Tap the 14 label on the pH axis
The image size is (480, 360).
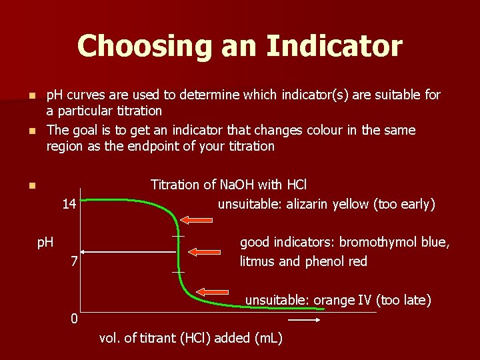[x=69, y=204]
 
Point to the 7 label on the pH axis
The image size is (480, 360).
[x=75, y=261]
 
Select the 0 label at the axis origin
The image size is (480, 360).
[x=75, y=319]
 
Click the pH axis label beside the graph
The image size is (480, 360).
[x=45, y=242]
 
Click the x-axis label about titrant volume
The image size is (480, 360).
[x=191, y=338]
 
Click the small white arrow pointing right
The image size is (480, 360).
[x=306, y=320]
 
